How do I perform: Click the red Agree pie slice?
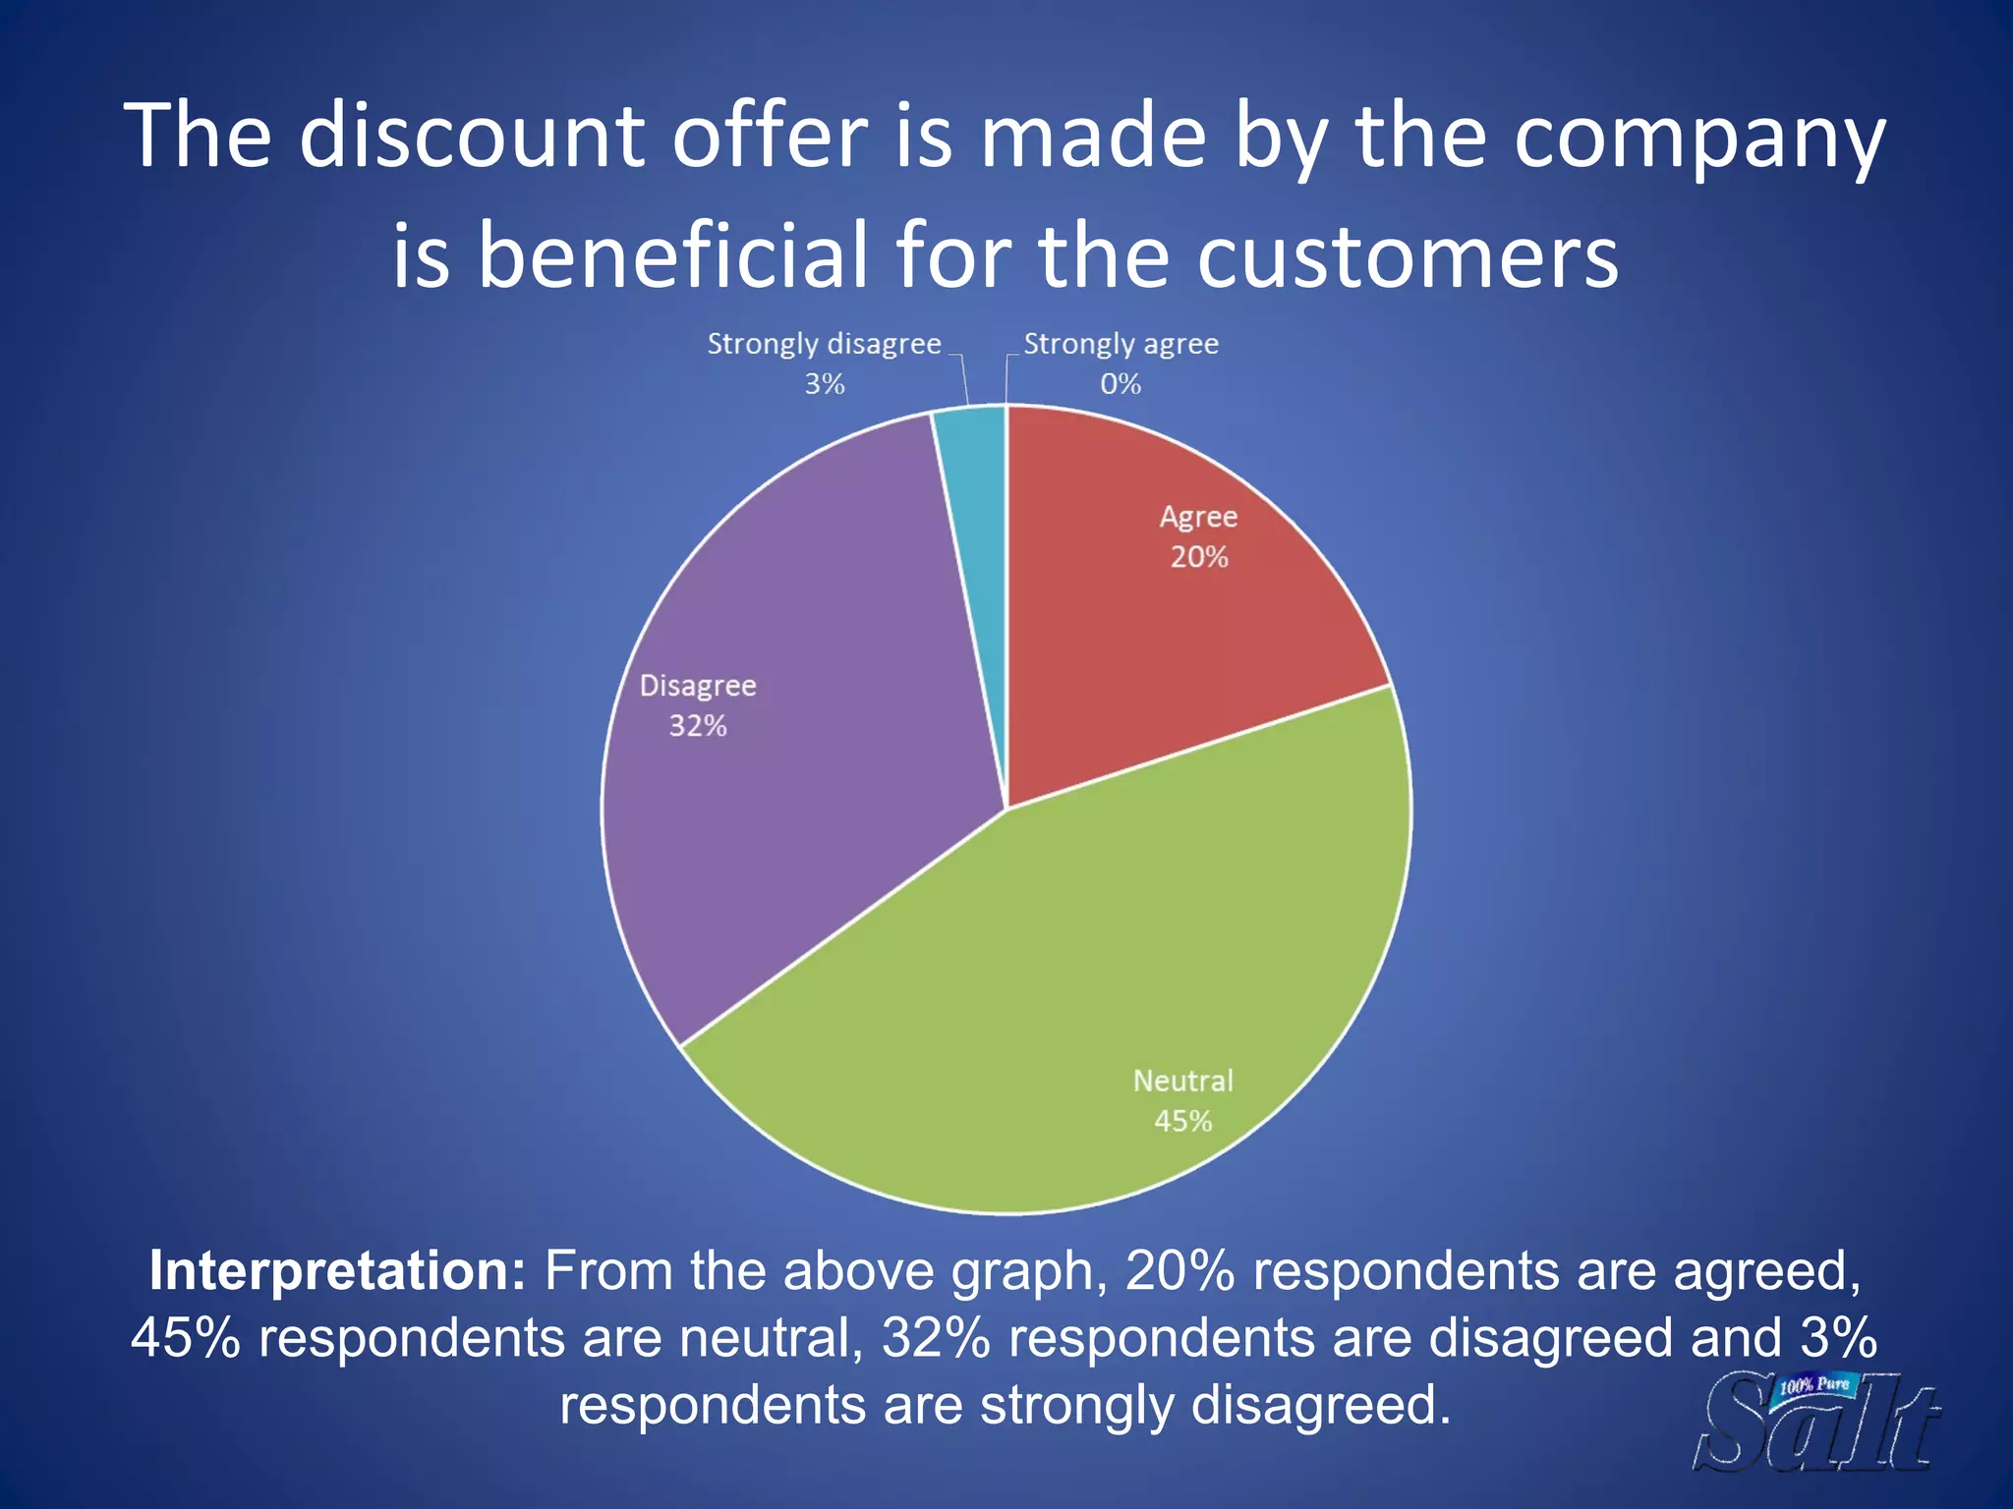point(1160,629)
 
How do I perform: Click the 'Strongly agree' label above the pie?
point(1121,344)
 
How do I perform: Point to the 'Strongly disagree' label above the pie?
point(824,344)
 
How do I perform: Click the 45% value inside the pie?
point(1182,1121)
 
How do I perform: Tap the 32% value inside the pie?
point(698,726)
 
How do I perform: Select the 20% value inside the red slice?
point(1198,557)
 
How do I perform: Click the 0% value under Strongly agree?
point(1120,384)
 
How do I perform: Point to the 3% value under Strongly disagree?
point(824,384)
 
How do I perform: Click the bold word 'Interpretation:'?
point(337,1270)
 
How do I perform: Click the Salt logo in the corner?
point(1819,1424)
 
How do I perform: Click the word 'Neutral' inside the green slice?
point(1182,1081)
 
